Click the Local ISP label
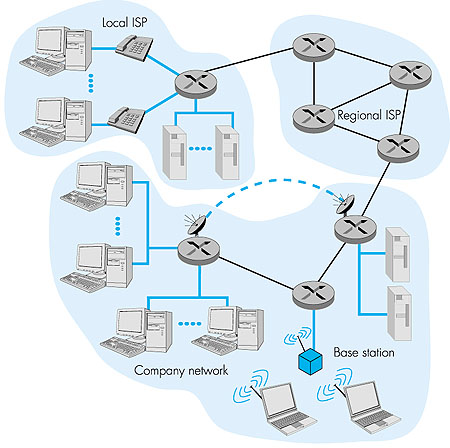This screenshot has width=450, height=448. (x=127, y=20)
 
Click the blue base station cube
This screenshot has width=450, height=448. (x=311, y=356)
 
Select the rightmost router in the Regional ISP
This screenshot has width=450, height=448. (x=408, y=73)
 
